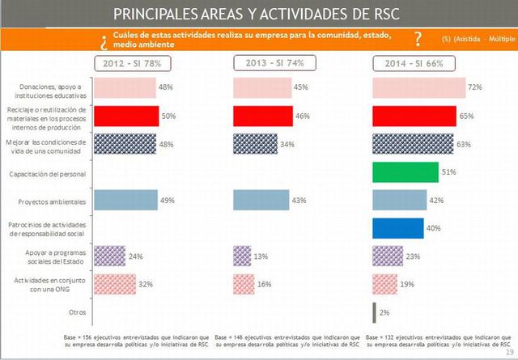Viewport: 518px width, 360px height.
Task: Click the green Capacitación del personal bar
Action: point(405,172)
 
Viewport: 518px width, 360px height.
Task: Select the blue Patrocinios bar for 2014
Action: point(397,228)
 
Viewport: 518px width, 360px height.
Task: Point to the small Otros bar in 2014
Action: point(373,312)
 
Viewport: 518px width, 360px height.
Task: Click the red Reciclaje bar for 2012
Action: point(126,116)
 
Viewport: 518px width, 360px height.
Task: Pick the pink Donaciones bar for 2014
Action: point(418,87)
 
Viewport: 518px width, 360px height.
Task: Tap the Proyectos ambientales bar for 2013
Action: point(260,200)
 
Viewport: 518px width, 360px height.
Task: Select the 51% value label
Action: point(448,171)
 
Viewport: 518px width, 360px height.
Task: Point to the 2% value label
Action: point(385,312)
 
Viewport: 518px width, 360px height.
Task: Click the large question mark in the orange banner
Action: point(417,40)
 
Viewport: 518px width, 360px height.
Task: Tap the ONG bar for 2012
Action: point(115,284)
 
